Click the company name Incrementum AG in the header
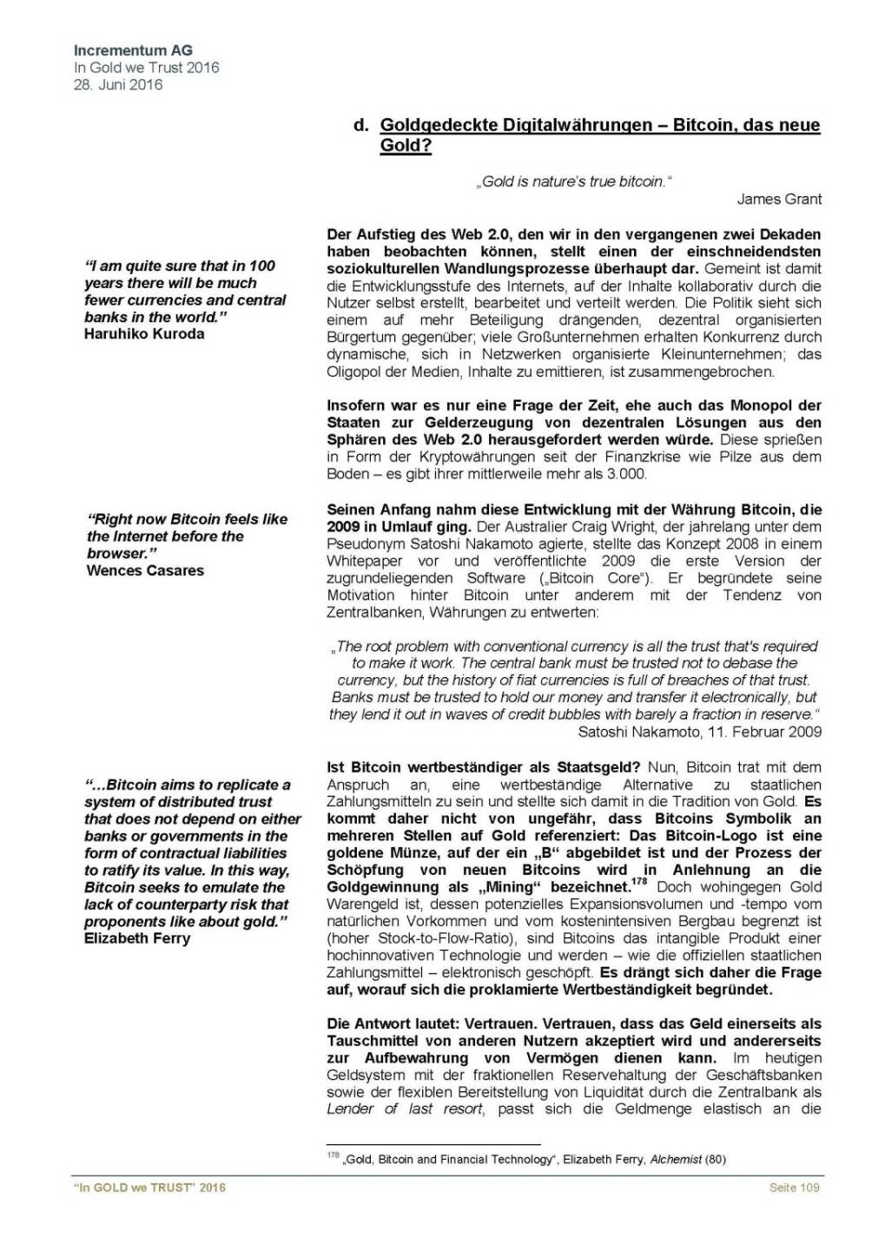pyautogui.click(x=134, y=50)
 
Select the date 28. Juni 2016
pyautogui.click(x=118, y=84)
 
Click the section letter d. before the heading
pyautogui.click(x=361, y=126)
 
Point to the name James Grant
pyautogui.click(x=779, y=199)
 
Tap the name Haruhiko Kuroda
pyautogui.click(x=144, y=334)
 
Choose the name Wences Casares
pyautogui.click(x=145, y=570)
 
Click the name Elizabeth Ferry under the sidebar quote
pyautogui.click(x=137, y=938)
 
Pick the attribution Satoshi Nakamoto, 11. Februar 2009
pyautogui.click(x=699, y=732)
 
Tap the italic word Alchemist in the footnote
pyautogui.click(x=676, y=1159)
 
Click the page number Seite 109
pyautogui.click(x=794, y=1187)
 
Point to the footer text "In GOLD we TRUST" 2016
pyautogui.click(x=149, y=1187)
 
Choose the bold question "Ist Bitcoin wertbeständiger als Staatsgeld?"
pyautogui.click(x=483, y=767)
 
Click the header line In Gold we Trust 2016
pyautogui.click(x=147, y=68)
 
